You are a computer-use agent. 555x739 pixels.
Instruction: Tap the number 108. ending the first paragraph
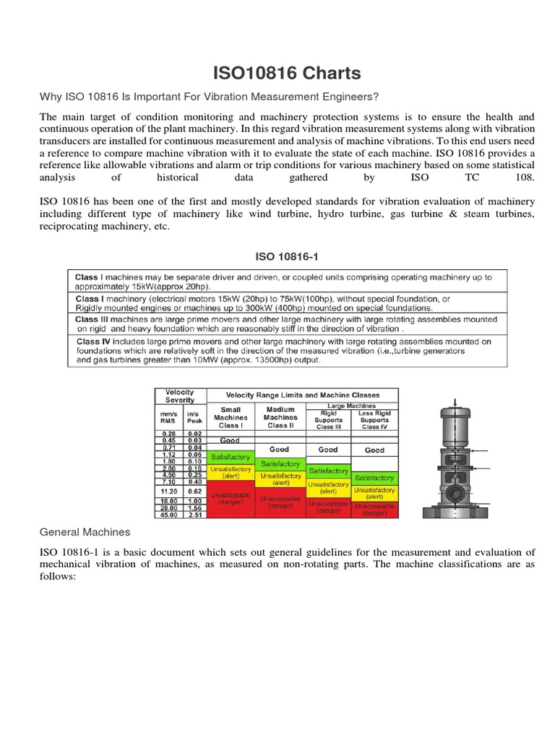point(524,177)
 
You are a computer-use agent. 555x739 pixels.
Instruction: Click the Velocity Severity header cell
point(180,396)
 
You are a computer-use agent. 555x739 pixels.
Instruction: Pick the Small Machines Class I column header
point(231,417)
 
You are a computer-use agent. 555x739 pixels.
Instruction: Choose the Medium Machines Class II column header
point(280,417)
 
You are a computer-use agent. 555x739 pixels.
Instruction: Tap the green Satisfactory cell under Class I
point(231,457)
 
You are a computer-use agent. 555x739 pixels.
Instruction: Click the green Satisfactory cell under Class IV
point(374,478)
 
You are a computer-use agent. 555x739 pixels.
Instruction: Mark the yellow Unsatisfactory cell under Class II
point(280,479)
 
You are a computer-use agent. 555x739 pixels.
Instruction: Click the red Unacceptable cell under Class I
point(231,499)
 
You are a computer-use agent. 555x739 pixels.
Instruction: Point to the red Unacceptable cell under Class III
point(328,507)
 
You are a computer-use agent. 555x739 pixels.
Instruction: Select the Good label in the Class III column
point(328,450)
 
